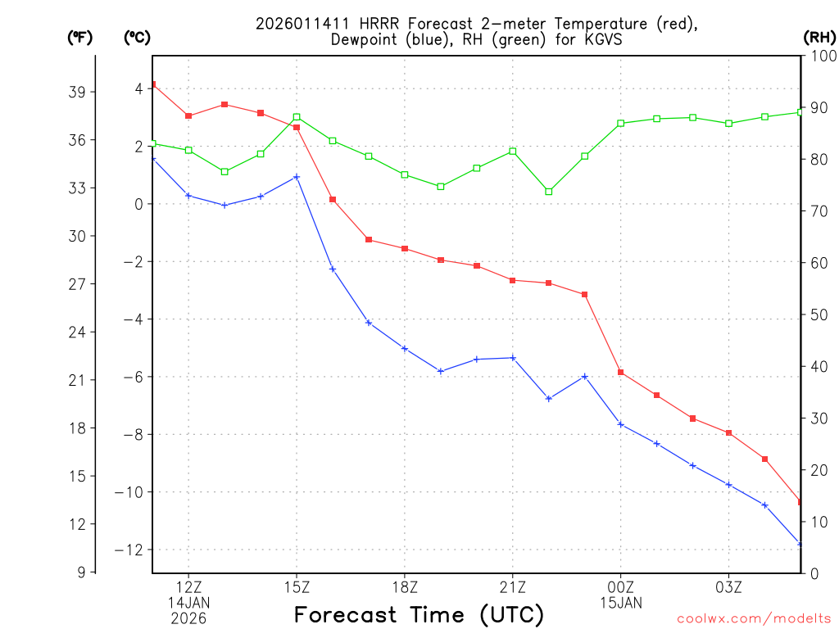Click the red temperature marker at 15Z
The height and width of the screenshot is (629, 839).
coord(297,127)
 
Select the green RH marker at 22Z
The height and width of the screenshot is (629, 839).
coord(549,192)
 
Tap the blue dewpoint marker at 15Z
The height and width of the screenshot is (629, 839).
coord(297,177)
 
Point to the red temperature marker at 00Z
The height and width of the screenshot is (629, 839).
coord(621,373)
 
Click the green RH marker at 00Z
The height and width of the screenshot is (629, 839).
coord(621,123)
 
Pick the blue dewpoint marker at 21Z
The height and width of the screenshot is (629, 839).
coord(513,358)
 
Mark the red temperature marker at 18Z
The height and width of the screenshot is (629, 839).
coord(405,248)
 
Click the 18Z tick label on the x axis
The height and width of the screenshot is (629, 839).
coord(405,586)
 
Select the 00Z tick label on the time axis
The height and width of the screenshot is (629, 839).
coord(621,586)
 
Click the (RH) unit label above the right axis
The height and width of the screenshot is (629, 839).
coord(819,37)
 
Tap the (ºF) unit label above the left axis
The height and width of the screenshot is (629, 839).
coord(79,37)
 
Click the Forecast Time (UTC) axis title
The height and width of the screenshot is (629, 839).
coord(419,614)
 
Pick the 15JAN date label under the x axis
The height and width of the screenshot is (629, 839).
coord(621,603)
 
